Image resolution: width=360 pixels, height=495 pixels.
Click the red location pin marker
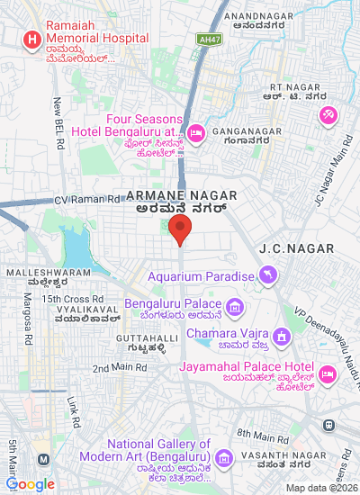click(180, 229)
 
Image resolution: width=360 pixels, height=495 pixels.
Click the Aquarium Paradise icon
click(267, 274)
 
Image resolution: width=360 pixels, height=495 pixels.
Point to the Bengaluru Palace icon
click(235, 309)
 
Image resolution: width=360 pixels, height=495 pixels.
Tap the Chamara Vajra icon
click(283, 337)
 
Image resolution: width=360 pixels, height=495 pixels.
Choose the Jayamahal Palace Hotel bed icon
click(328, 373)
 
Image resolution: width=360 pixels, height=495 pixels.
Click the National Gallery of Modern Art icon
click(225, 458)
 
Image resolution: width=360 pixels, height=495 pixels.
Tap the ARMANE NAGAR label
click(181, 195)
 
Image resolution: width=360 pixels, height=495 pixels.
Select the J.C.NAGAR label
click(296, 247)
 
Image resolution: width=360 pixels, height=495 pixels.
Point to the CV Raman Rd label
click(86, 198)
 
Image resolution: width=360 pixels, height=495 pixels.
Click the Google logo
click(31, 485)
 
